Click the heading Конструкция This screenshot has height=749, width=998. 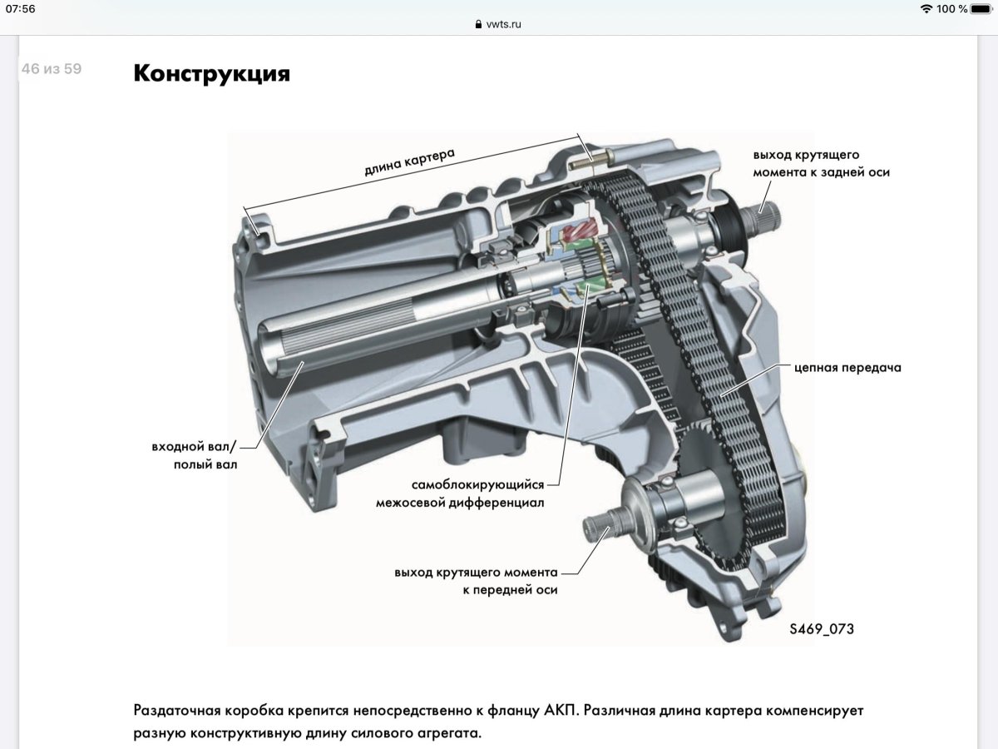pyautogui.click(x=211, y=73)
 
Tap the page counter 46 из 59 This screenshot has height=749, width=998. pyautogui.click(x=52, y=69)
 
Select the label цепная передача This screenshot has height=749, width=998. pyautogui.click(x=847, y=367)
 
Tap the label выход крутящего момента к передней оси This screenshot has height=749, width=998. pyautogui.click(x=476, y=581)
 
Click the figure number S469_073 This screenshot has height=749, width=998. pyautogui.click(x=821, y=629)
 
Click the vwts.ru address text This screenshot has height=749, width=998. pyautogui.click(x=503, y=24)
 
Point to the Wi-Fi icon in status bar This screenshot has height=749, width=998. pyautogui.click(x=926, y=9)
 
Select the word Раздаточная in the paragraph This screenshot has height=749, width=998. pyautogui.click(x=176, y=712)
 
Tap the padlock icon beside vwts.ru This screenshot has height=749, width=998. pyautogui.click(x=478, y=25)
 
